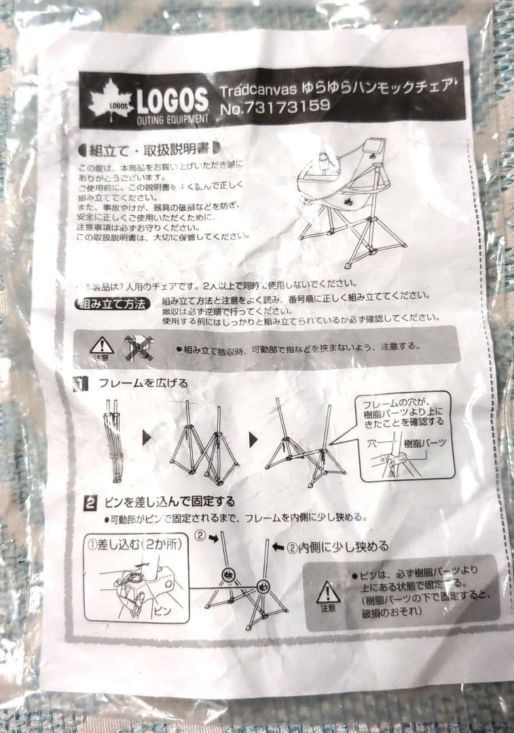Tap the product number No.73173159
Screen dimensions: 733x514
click(x=275, y=106)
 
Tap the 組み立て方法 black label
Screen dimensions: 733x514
click(x=110, y=303)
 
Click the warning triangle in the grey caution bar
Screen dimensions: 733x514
click(x=101, y=345)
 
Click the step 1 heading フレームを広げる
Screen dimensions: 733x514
click(x=143, y=383)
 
